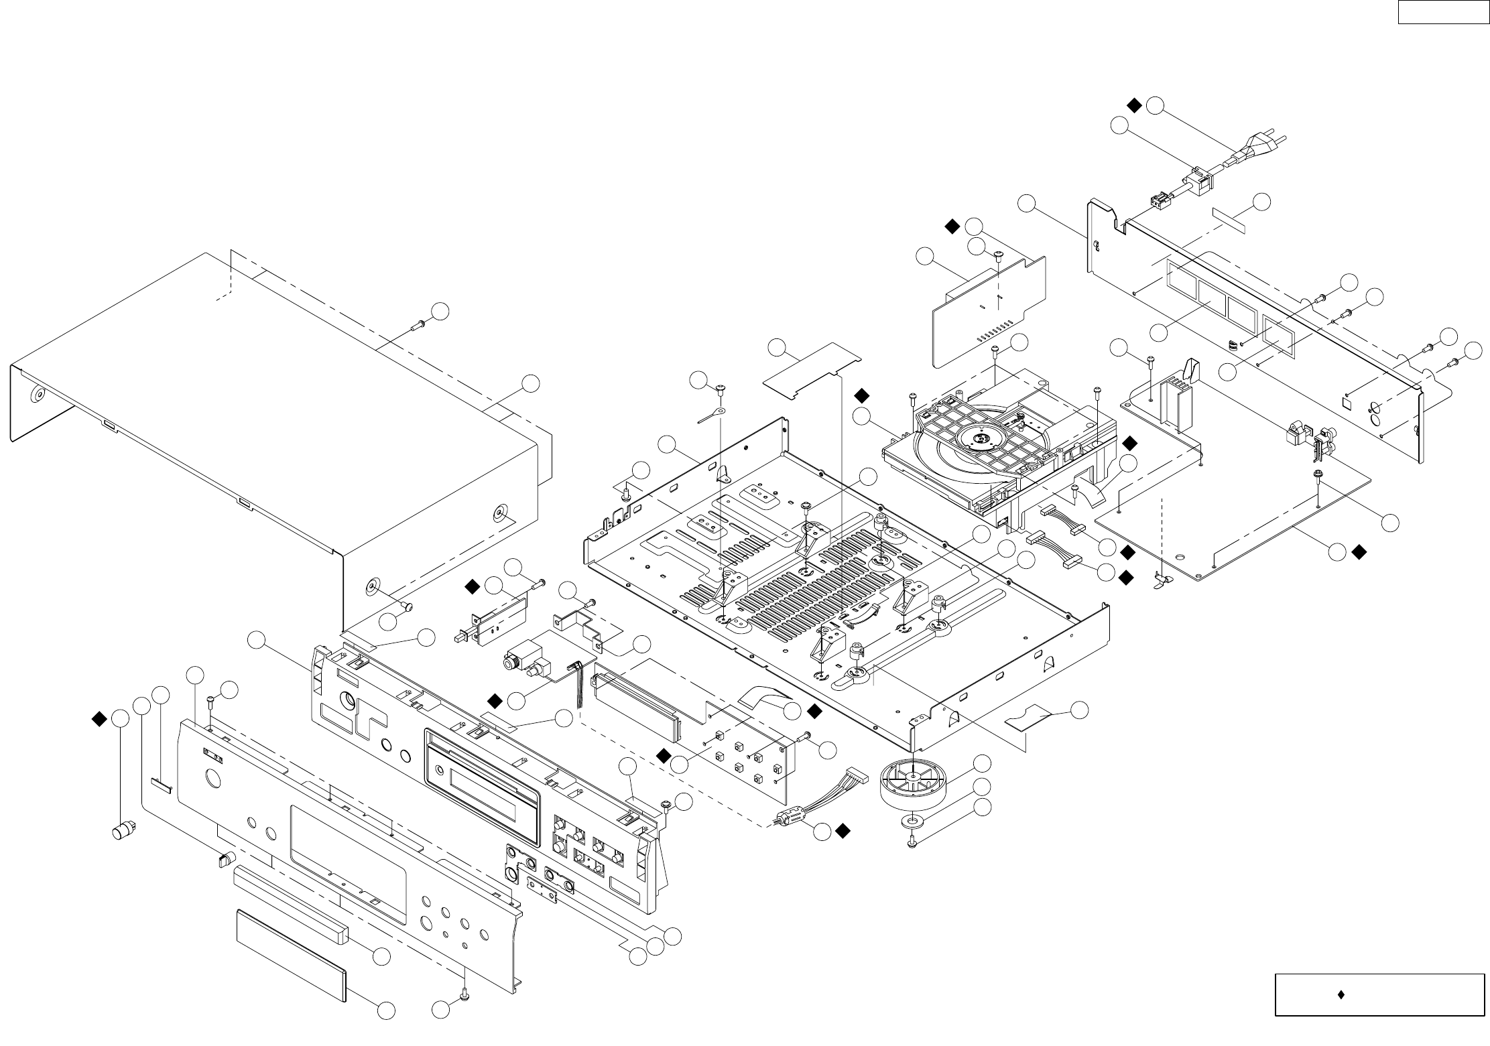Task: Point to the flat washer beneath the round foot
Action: (912, 821)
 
